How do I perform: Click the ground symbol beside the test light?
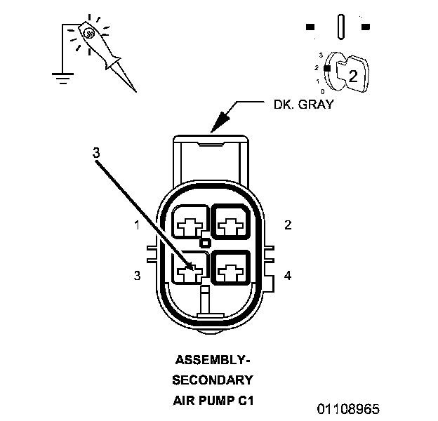63,75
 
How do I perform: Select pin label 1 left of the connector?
138,225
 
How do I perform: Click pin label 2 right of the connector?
288,225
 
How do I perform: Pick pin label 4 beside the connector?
288,275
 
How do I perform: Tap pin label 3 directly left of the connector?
138,276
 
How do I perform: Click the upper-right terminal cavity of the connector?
230,225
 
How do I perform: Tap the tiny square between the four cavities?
205,243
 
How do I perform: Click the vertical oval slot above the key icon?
340,27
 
